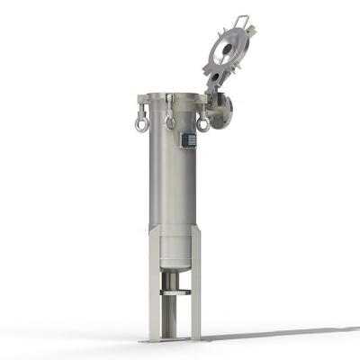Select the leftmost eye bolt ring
(141, 123)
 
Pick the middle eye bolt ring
(170, 121)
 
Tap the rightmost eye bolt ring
(203, 123)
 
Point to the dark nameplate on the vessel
(188, 139)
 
